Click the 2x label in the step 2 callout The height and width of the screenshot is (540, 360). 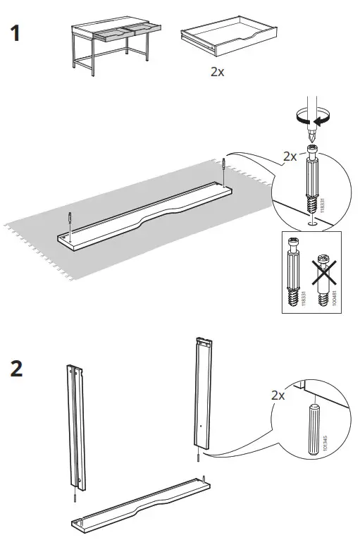pos(278,396)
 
